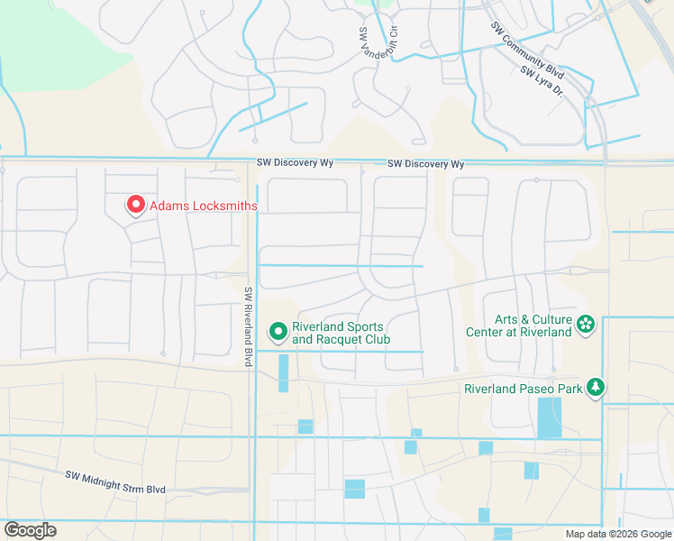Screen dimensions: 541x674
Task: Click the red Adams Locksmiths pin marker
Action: point(136,206)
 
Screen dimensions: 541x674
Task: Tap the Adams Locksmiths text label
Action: point(203,206)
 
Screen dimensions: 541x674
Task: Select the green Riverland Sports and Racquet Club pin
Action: point(278,333)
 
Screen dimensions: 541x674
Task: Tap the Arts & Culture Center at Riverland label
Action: point(518,326)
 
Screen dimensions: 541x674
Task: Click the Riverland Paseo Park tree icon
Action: point(595,388)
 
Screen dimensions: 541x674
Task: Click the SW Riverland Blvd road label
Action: point(248,326)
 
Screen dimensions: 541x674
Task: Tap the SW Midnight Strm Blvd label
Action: point(115,481)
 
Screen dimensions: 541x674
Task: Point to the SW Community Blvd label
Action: point(528,51)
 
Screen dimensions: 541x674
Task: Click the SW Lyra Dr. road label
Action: point(542,82)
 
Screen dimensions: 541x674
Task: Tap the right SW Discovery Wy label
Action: point(425,164)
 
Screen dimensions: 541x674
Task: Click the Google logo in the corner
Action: point(30,530)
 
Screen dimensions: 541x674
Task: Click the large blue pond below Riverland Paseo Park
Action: point(549,417)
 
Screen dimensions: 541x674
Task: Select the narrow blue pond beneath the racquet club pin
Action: point(284,372)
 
